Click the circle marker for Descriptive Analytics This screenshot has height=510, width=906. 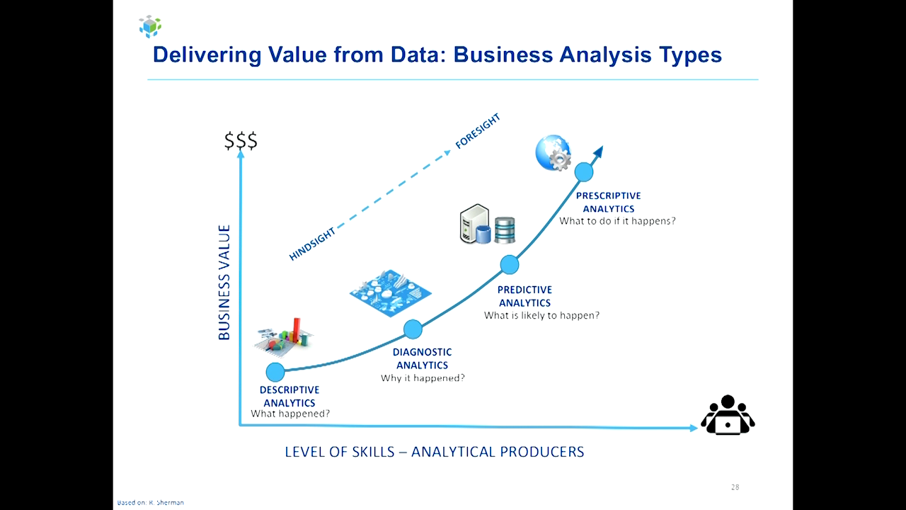pos(275,372)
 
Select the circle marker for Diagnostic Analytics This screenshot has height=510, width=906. pos(413,329)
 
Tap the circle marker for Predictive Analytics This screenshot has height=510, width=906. pos(509,265)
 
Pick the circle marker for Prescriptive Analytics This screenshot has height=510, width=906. pos(584,172)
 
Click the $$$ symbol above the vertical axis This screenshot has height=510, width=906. pos(241,140)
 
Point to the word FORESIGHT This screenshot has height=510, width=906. pos(478,131)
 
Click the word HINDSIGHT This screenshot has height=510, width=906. pos(312,244)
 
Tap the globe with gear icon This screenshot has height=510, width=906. pos(553,152)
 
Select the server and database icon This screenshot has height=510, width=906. pos(488,225)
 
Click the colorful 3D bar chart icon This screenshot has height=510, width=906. pos(285,336)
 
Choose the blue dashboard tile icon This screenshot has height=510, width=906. pos(390,293)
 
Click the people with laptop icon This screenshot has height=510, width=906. pos(728,415)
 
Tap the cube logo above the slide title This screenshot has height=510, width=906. pos(150,26)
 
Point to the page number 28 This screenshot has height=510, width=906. pos(735,487)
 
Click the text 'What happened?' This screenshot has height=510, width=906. pos(290,414)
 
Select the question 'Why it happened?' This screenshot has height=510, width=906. pos(423,378)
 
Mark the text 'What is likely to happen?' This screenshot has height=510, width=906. pos(541,315)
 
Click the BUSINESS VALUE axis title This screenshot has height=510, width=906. pos(224,283)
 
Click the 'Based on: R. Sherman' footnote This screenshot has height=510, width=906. pos(151,502)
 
